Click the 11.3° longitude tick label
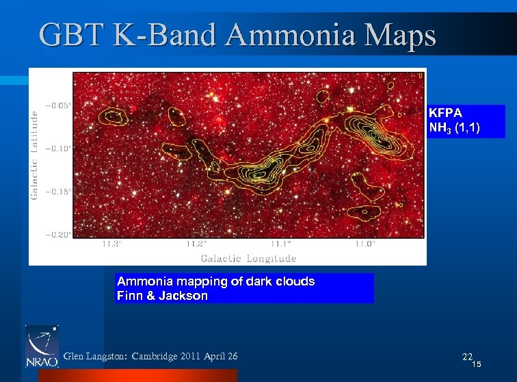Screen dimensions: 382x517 (x=112, y=244)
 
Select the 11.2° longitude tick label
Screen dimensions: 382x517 (x=196, y=244)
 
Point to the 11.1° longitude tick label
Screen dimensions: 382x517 (x=280, y=244)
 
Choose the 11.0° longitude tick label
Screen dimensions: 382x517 (x=365, y=244)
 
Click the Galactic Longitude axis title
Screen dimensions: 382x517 (x=248, y=258)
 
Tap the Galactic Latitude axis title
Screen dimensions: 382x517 (x=34, y=156)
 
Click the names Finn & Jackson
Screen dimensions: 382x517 (x=162, y=296)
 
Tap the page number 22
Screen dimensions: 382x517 (x=467, y=357)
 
